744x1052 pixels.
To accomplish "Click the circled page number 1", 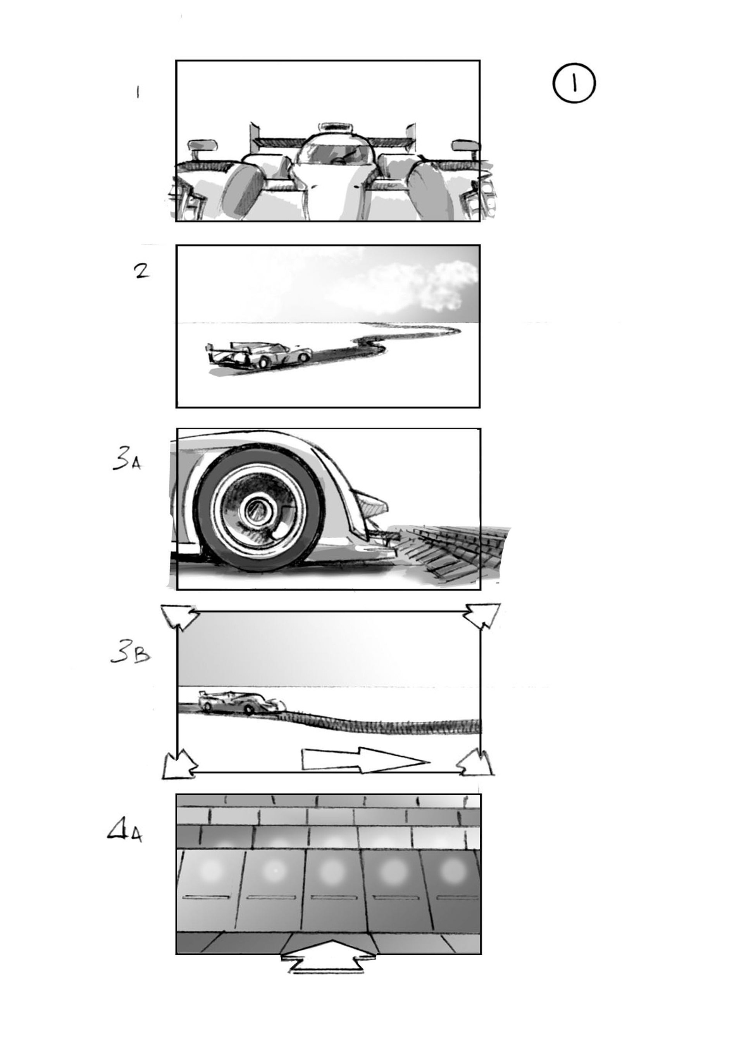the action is click(574, 83).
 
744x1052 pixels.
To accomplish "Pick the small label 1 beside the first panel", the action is click(138, 93).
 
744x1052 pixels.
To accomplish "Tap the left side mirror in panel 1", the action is click(202, 146).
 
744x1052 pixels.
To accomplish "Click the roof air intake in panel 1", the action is click(337, 127).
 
